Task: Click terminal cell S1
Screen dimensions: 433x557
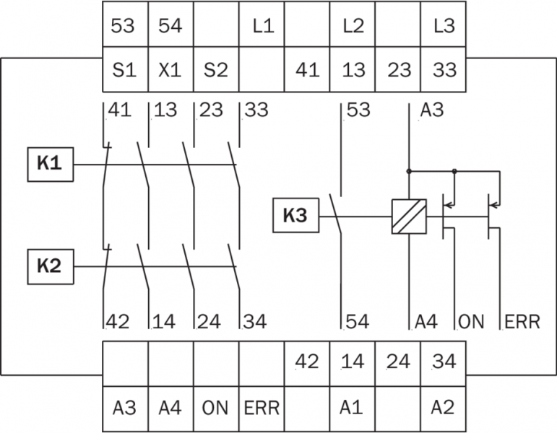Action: coord(124,70)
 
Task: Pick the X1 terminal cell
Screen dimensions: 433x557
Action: coord(170,70)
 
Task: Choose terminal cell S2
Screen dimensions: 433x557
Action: coord(215,70)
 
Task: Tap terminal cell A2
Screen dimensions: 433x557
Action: coord(442,407)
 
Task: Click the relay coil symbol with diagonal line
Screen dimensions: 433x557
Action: coord(409,216)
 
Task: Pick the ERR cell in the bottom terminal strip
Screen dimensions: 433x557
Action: coord(260,407)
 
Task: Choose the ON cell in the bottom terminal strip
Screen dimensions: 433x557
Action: coord(215,407)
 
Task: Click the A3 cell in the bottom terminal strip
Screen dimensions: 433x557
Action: coord(124,407)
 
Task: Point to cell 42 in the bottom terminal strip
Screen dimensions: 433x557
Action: coord(306,362)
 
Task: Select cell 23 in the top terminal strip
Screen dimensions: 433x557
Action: coord(399,70)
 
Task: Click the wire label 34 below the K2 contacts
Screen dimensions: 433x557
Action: coord(254,321)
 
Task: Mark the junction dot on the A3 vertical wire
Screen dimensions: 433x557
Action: coord(409,171)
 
